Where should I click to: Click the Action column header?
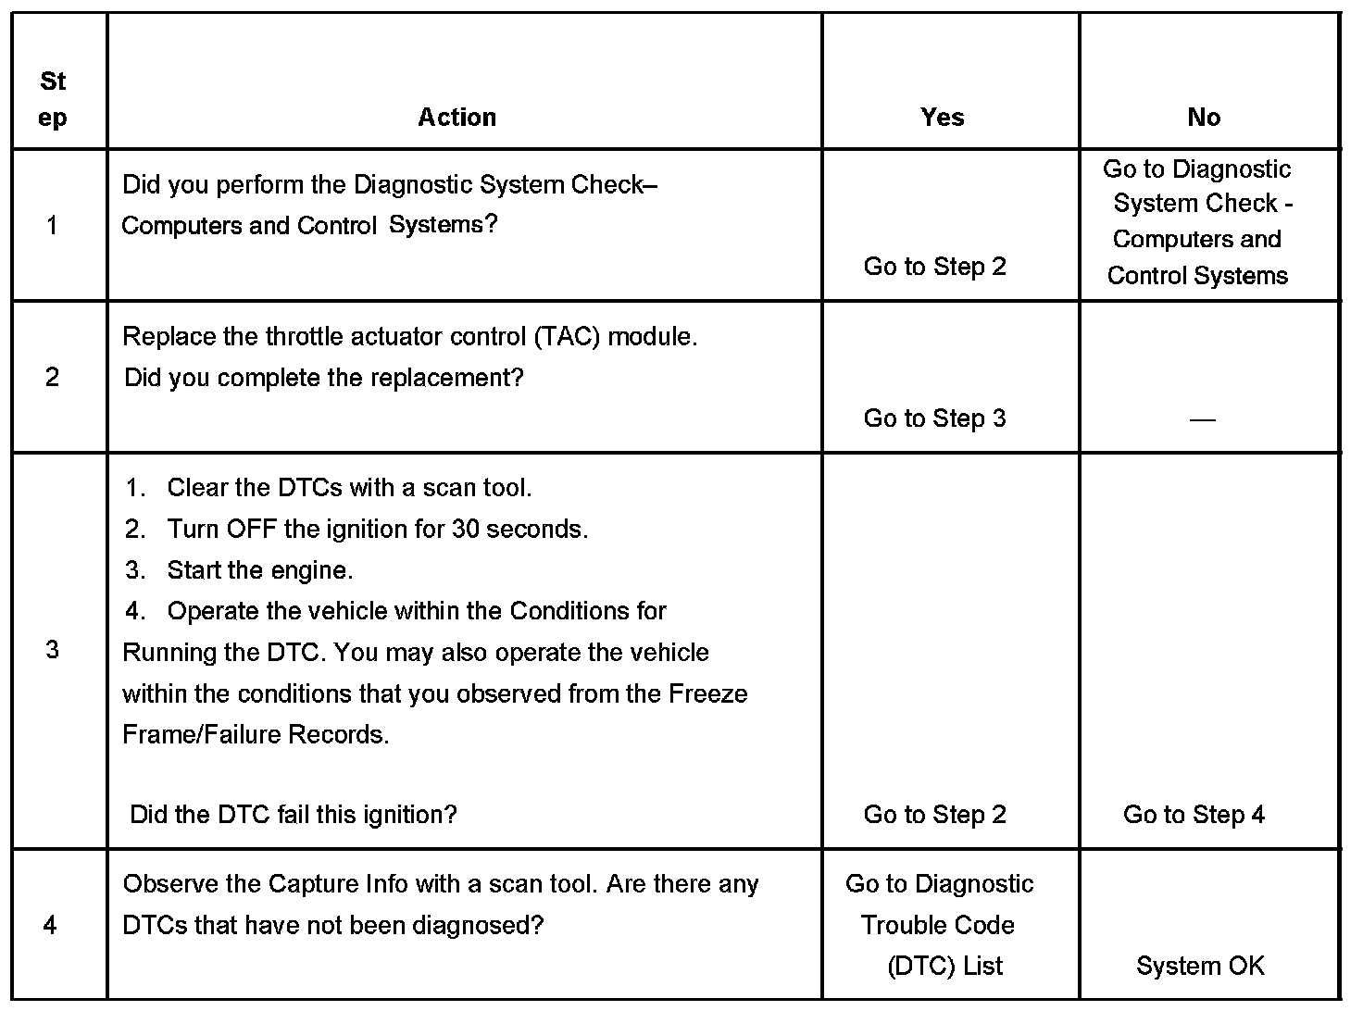coord(456,118)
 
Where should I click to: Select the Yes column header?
coord(942,118)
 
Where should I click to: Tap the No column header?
coord(1203,118)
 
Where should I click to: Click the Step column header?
coord(53,99)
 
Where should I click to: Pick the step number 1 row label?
coord(52,225)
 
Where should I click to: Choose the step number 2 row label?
coord(52,377)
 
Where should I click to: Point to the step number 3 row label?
coord(52,650)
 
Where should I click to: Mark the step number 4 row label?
coord(51,925)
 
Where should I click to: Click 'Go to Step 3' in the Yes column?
coord(934,418)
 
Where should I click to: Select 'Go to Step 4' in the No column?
coord(1194,815)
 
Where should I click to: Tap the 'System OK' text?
coord(1199,967)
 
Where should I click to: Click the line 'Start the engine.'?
coord(259,570)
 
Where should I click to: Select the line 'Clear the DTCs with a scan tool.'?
coord(349,488)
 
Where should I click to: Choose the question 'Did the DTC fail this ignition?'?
coord(294,815)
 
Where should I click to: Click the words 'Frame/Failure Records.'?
coord(256,735)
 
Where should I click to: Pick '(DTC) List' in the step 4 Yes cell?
coord(944,967)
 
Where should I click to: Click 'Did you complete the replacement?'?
coord(323,378)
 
